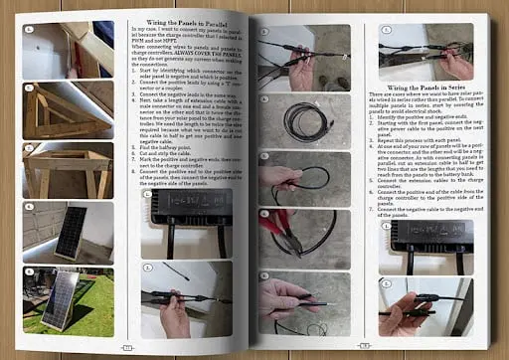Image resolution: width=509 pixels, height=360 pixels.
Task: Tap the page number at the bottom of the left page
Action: [x=126, y=347]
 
